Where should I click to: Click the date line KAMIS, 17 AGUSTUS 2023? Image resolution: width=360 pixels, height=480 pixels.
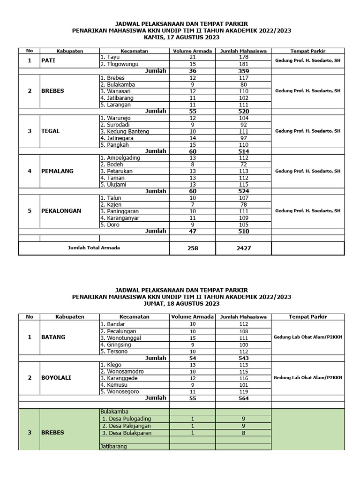pyautogui.click(x=181, y=37)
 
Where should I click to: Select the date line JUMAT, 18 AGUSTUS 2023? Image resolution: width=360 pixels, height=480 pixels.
pyautogui.click(x=181, y=303)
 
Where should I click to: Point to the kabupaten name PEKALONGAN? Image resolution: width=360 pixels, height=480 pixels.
pyautogui.click(x=61, y=211)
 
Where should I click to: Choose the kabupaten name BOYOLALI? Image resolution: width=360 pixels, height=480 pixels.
pyautogui.click(x=56, y=377)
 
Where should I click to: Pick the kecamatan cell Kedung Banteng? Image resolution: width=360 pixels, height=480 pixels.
pyautogui.click(x=124, y=131)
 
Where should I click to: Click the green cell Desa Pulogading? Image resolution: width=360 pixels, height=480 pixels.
pyautogui.click(x=129, y=419)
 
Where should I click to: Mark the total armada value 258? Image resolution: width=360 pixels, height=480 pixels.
pyautogui.click(x=193, y=248)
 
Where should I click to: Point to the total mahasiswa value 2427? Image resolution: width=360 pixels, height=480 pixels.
pyautogui.click(x=243, y=248)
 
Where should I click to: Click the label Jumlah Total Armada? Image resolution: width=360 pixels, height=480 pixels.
pyautogui.click(x=93, y=248)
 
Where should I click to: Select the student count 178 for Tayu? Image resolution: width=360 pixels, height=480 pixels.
pyautogui.click(x=243, y=57)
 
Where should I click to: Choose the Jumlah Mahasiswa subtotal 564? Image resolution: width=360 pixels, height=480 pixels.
pyautogui.click(x=243, y=398)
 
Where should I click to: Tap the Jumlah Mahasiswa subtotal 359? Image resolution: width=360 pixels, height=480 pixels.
pyautogui.click(x=243, y=71)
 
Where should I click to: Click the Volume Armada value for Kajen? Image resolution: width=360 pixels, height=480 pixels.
pyautogui.click(x=193, y=204)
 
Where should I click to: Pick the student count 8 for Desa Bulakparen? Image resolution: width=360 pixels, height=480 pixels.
pyautogui.click(x=243, y=432)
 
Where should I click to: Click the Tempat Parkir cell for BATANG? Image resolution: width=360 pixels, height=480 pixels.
pyautogui.click(x=308, y=337)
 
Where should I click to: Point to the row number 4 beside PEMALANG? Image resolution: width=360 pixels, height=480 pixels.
pyautogui.click(x=30, y=171)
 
